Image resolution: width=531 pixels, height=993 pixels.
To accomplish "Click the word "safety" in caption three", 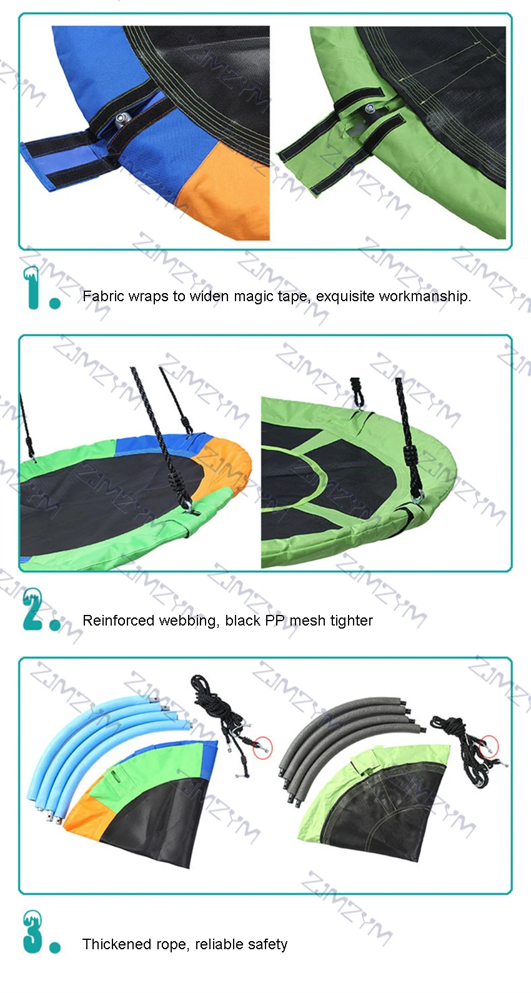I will [267, 944].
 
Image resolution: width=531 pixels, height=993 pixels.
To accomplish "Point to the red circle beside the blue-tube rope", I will [263, 747].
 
